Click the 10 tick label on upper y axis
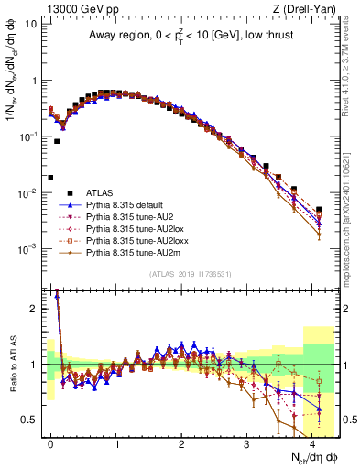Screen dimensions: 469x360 click(x=31, y=25)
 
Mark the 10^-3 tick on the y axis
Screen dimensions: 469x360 click(x=27, y=249)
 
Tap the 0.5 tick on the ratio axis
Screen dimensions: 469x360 click(x=29, y=420)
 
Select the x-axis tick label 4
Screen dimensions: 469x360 click(x=313, y=442)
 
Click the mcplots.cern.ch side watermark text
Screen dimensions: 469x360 click(x=350, y=229)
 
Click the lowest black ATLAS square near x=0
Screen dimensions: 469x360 click(x=50, y=178)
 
